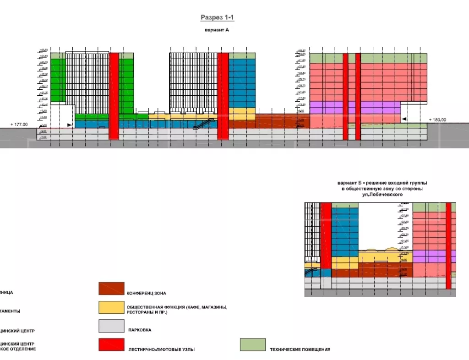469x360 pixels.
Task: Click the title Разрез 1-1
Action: coord(217,18)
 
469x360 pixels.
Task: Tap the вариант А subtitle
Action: coord(217,30)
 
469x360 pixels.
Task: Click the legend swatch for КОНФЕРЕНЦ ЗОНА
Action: coord(111,289)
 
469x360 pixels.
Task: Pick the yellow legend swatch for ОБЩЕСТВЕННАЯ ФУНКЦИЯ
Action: coord(111,307)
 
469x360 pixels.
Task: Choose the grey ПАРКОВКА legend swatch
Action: coord(111,326)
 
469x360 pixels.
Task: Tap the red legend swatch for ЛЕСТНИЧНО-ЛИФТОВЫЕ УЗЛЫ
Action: coord(111,345)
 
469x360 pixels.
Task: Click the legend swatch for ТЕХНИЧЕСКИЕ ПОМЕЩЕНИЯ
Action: coord(253,345)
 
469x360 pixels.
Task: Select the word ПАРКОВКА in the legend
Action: coord(140,330)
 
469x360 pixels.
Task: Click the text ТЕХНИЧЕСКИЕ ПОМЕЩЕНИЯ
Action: coord(300,349)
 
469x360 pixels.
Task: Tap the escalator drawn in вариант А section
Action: coord(204,123)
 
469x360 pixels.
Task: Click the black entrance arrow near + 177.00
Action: coord(69,125)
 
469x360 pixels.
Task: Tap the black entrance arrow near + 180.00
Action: coord(404,119)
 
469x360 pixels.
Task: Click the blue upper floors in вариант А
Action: coord(241,82)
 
